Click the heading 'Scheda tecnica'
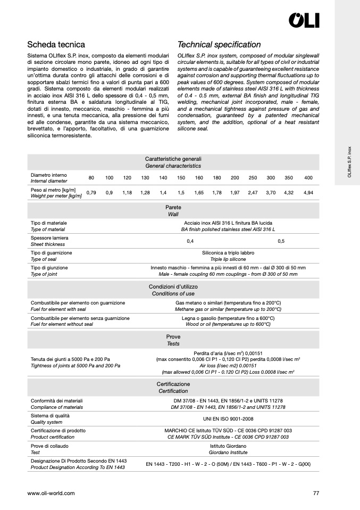(56, 45)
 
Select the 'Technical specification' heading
(219, 45)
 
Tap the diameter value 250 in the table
(253, 177)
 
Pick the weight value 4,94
(308, 192)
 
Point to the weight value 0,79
(91, 192)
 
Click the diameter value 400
(308, 177)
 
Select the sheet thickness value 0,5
(281, 241)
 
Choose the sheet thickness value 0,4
(190, 241)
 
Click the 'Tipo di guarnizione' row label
(52, 252)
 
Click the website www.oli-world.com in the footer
(51, 493)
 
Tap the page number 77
(316, 493)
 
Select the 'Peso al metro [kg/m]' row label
(53, 190)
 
